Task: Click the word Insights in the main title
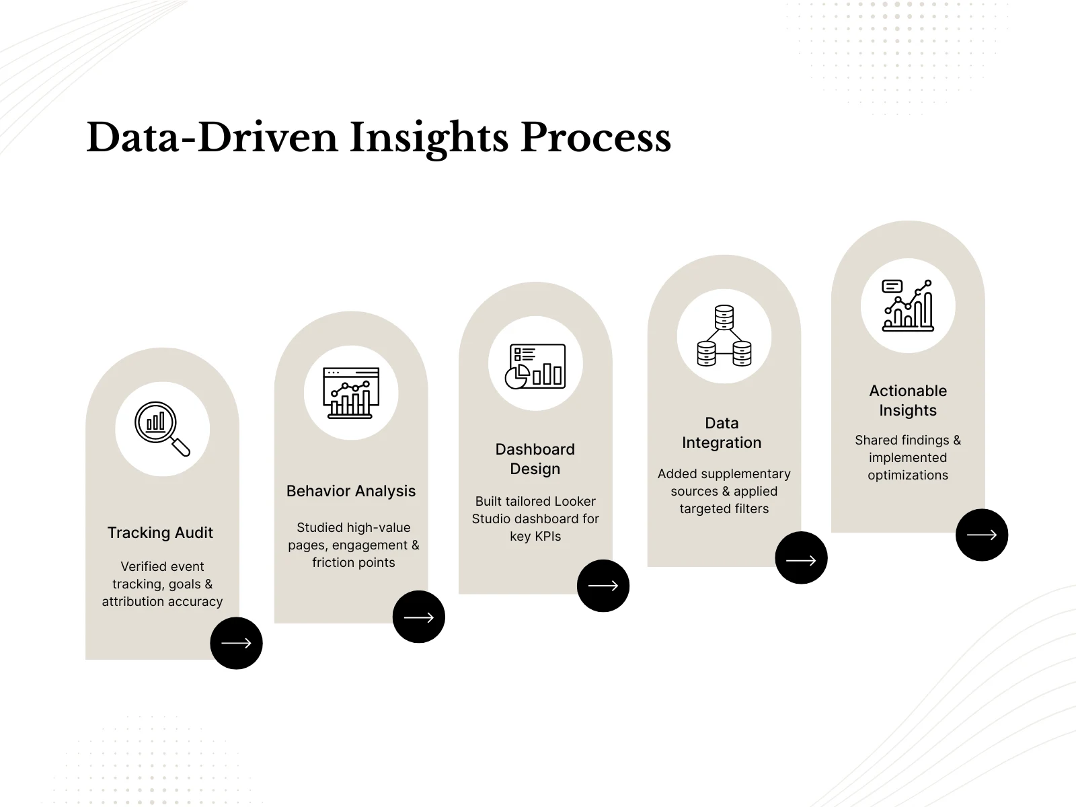(x=428, y=139)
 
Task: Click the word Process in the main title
(x=596, y=137)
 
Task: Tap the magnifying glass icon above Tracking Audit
(x=162, y=429)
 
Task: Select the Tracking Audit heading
(x=160, y=533)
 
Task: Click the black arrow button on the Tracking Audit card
(x=236, y=643)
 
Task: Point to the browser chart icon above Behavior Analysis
(x=351, y=393)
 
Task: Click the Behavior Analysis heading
(x=351, y=491)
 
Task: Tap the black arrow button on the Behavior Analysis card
(x=418, y=617)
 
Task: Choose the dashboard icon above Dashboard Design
(x=535, y=367)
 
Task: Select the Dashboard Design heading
(x=535, y=459)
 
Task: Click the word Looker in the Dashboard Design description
(x=575, y=501)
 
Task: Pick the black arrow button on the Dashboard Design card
(x=603, y=586)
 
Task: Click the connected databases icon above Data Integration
(x=724, y=336)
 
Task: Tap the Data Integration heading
(x=722, y=432)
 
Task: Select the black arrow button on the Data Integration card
(x=801, y=558)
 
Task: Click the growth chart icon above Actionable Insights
(x=908, y=306)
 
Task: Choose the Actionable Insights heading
(x=908, y=400)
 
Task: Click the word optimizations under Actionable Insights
(x=908, y=475)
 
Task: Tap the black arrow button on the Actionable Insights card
(x=981, y=535)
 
